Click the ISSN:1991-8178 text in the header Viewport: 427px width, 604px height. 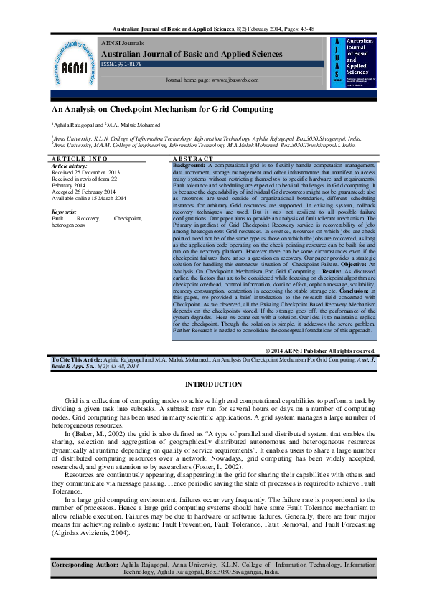click(121, 64)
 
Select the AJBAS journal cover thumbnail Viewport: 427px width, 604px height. click(353, 62)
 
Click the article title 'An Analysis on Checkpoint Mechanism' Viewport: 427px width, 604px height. click(162, 110)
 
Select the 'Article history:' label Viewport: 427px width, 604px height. click(70, 166)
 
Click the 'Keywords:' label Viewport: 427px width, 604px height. click(65, 212)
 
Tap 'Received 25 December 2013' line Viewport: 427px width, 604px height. click(85, 173)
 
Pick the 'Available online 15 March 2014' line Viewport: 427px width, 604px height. click(89, 198)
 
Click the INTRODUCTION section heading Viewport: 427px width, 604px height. click(213, 384)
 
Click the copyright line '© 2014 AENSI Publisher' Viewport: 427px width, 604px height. click(321, 350)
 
